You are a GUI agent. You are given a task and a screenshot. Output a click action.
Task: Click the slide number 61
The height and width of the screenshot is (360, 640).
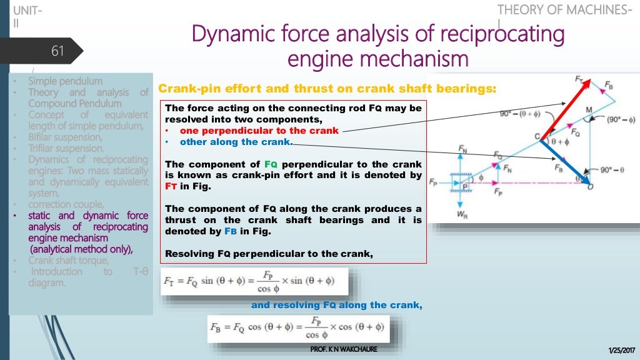click(x=57, y=51)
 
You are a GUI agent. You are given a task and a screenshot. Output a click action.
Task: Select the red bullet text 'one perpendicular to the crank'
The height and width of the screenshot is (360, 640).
click(x=259, y=131)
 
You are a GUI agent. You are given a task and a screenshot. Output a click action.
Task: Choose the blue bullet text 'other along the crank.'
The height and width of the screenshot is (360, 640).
click(x=236, y=142)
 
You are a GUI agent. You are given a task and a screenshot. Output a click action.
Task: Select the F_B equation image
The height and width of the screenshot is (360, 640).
click(x=299, y=329)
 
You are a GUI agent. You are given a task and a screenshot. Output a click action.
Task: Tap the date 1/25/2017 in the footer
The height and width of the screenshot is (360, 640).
click(x=620, y=349)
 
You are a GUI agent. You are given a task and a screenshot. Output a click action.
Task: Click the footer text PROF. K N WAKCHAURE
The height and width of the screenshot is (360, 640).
click(x=344, y=349)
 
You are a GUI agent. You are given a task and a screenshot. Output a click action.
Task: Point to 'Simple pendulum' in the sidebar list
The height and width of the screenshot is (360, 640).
click(x=65, y=81)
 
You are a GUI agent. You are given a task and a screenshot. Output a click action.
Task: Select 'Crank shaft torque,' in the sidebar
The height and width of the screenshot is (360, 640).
click(x=68, y=261)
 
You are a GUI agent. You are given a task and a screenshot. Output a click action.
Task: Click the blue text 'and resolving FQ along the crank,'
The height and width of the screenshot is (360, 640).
click(x=337, y=305)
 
